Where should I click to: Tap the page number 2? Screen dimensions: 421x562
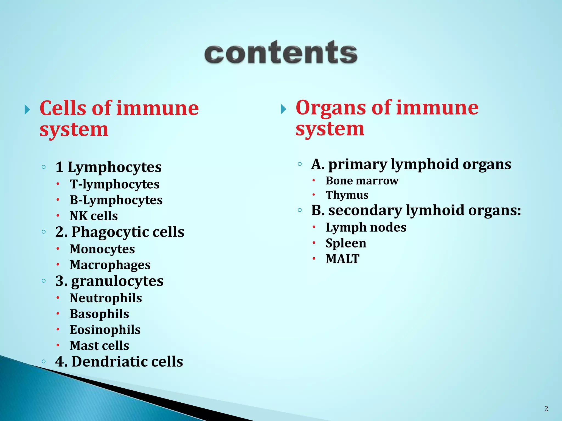[546, 409]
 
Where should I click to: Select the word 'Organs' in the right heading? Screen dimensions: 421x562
[331, 107]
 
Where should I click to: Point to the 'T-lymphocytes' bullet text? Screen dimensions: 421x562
[114, 184]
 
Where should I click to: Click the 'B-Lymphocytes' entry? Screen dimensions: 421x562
[116, 200]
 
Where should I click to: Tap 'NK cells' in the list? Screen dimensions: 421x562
[94, 216]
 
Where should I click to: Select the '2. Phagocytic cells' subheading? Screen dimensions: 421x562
[120, 232]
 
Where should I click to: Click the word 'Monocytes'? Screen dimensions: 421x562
[102, 249]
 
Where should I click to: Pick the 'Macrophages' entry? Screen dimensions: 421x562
[110, 265]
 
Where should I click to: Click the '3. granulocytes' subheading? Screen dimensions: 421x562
[109, 281]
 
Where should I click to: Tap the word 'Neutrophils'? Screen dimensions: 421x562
[106, 298]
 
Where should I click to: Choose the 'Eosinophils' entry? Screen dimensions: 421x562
[105, 330]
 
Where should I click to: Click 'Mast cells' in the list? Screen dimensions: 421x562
[99, 346]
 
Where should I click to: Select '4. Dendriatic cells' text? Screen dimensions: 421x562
[119, 362]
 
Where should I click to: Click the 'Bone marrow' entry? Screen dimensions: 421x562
[362, 181]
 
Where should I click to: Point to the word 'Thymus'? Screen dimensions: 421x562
[347, 195]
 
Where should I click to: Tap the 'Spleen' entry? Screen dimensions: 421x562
[346, 243]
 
